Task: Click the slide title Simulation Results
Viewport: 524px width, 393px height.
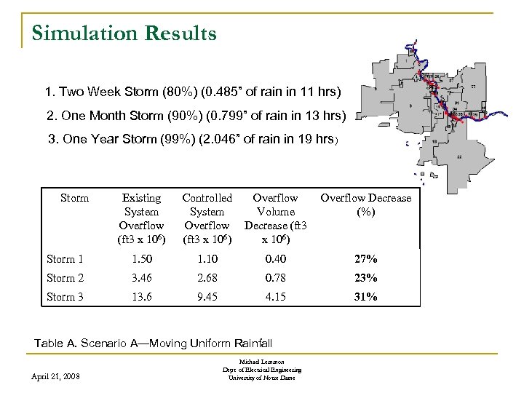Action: tap(124, 33)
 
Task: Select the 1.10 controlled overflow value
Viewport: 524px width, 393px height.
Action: tap(207, 259)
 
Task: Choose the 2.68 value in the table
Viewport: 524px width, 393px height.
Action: tap(207, 278)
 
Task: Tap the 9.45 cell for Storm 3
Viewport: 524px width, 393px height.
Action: tap(207, 297)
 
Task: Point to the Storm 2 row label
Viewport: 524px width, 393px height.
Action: tap(65, 278)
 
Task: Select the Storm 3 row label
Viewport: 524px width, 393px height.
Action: tap(65, 297)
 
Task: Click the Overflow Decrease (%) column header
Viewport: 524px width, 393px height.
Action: tap(365, 205)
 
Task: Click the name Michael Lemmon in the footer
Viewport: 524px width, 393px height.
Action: tap(262, 362)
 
